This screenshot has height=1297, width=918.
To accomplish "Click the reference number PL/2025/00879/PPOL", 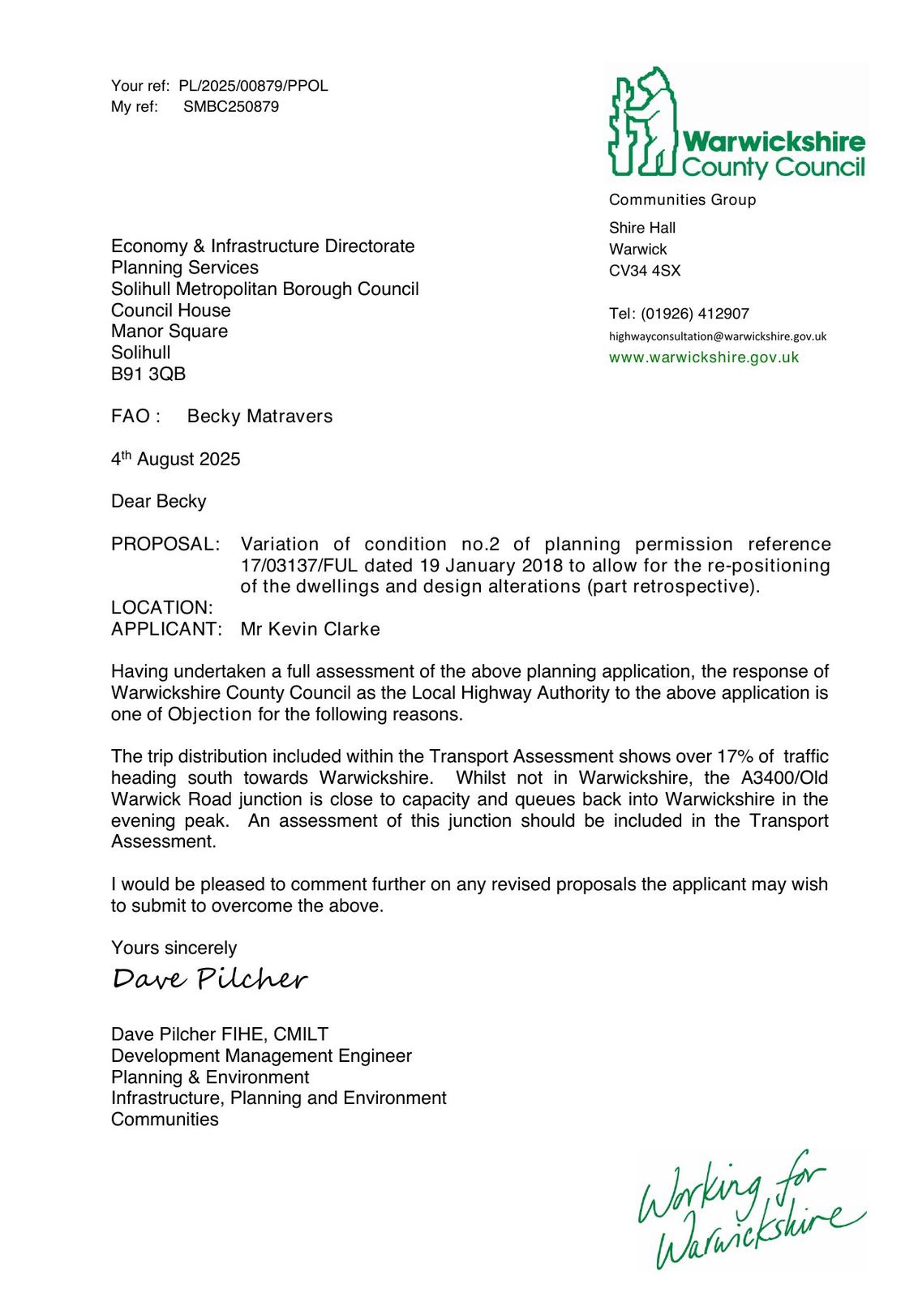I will (x=253, y=86).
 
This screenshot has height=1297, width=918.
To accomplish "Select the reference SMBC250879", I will (x=230, y=107).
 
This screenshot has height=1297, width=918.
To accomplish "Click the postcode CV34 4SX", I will (x=645, y=271).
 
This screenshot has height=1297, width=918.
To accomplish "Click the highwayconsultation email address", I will (x=718, y=336).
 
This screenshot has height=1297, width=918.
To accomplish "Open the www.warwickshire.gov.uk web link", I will (x=704, y=357).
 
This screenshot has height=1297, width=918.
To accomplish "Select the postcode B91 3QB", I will (x=148, y=374).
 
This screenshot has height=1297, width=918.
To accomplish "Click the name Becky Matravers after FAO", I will (x=260, y=417).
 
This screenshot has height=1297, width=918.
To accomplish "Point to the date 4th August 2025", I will (x=176, y=459).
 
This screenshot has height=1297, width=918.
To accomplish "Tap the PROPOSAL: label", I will (x=165, y=544).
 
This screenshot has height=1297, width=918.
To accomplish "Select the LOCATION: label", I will (x=162, y=608).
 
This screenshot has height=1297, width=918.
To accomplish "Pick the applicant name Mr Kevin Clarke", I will (x=310, y=629).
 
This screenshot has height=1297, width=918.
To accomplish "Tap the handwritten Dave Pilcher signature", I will (x=210, y=979).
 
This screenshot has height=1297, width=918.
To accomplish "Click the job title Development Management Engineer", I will (x=261, y=1055).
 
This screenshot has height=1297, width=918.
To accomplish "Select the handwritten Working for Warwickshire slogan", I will (x=750, y=1208).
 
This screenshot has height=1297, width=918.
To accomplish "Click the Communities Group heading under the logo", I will (x=682, y=200).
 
